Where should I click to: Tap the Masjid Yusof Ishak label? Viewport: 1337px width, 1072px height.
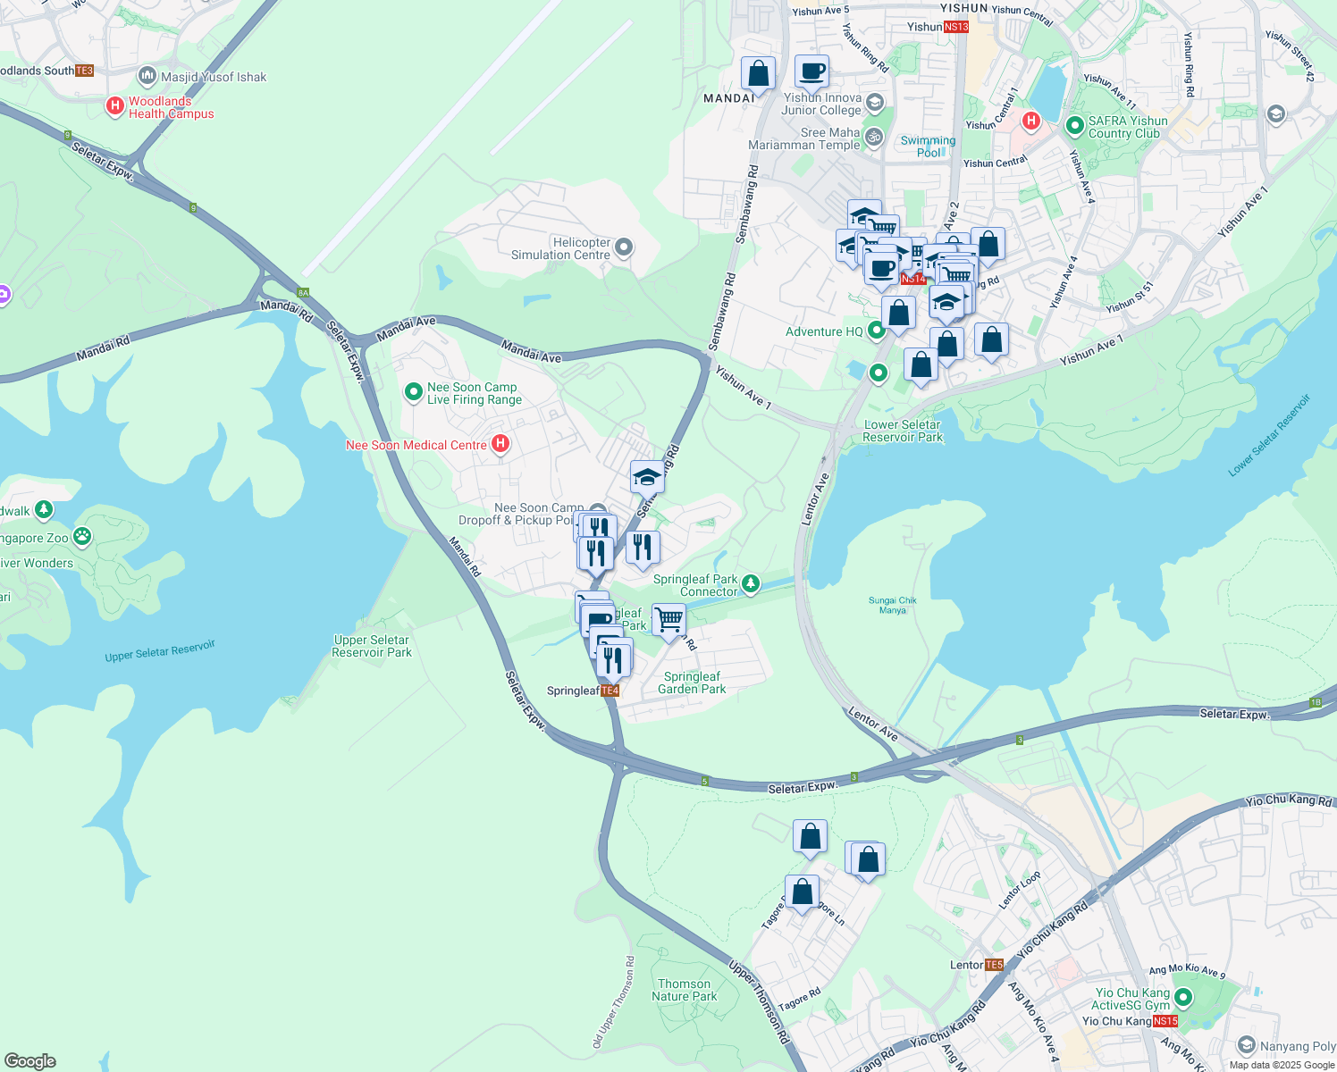[x=214, y=77]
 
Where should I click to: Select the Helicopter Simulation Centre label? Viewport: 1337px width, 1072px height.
[x=560, y=248]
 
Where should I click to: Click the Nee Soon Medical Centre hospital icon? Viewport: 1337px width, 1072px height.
[x=500, y=444]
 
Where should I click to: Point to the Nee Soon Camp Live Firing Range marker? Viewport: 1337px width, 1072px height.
[x=413, y=392]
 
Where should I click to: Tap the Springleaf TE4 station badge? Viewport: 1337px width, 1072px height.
[x=610, y=691]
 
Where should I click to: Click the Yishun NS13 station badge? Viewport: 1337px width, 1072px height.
[x=956, y=27]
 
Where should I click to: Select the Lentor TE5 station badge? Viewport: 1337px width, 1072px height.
[x=994, y=965]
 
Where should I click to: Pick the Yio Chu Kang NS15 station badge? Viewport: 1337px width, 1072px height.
[x=1165, y=1021]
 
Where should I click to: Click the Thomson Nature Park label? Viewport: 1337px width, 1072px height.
[x=684, y=990]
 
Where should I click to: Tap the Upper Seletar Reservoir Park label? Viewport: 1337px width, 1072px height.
[x=371, y=646]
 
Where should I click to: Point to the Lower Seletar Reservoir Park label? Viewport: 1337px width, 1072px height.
[x=903, y=431]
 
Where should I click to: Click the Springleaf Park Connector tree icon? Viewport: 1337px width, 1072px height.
[x=751, y=584]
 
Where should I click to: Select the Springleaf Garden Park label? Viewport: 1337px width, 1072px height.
[x=692, y=683]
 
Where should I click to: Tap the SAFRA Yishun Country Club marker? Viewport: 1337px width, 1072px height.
[x=1074, y=126]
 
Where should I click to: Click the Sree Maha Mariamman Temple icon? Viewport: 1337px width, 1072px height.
[x=874, y=138]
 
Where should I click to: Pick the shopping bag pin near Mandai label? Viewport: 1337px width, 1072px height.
[x=758, y=74]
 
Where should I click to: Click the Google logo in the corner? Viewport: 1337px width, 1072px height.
[x=29, y=1061]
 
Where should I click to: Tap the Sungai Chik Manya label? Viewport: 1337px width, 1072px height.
[x=892, y=605]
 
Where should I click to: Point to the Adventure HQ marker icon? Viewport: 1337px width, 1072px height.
[x=877, y=331]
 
